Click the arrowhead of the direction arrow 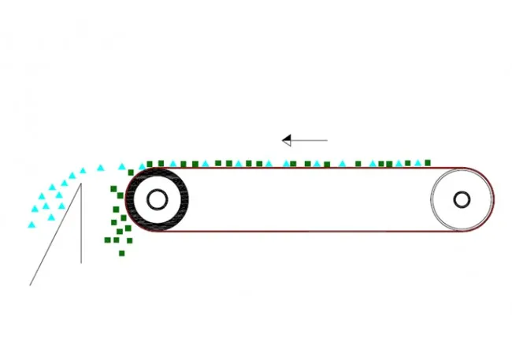(287, 140)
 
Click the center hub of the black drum (156, 200)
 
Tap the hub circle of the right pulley (462, 199)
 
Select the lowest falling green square (121, 253)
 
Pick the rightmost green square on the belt (428, 163)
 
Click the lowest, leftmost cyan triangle (32, 225)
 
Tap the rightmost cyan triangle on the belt (418, 164)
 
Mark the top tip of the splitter (81, 184)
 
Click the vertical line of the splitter (81, 228)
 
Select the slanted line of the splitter (55, 235)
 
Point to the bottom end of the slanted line (30, 284)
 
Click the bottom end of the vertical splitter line (81, 262)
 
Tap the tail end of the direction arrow (326, 140)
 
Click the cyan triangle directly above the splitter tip (82, 170)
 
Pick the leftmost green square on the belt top (150, 164)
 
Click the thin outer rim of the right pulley (433, 200)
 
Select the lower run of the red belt (315, 232)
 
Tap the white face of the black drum (143, 200)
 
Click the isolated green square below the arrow (293, 164)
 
